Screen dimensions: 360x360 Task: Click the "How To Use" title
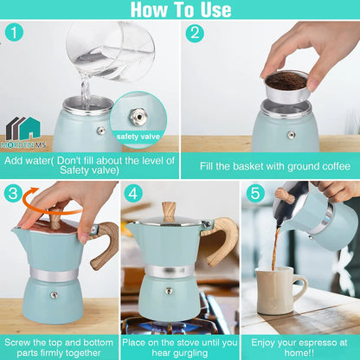pyautogui.click(x=180, y=10)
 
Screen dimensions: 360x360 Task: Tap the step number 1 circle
pyautogui.click(x=13, y=32)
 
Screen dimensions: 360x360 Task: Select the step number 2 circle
pyautogui.click(x=195, y=33)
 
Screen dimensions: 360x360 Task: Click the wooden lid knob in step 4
pyautogui.click(x=168, y=209)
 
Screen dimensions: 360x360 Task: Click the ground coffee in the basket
pyautogui.click(x=286, y=80)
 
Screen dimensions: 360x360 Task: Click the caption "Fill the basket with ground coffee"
pyautogui.click(x=270, y=165)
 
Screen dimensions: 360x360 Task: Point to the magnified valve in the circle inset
pyautogui.click(x=136, y=114)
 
